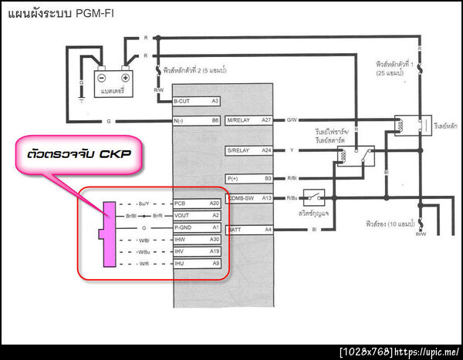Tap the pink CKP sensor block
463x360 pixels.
pyautogui.click(x=107, y=231)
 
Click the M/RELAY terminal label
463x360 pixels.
pyautogui.click(x=240, y=119)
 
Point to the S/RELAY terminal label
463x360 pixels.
pyautogui.click(x=240, y=150)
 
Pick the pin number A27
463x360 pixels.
pyautogui.click(x=267, y=119)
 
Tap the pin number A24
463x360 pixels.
pyautogui.click(x=267, y=150)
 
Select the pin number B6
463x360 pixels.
pyautogui.click(x=216, y=121)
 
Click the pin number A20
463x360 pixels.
pyautogui.click(x=215, y=202)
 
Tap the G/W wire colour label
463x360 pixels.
pyautogui.click(x=292, y=119)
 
